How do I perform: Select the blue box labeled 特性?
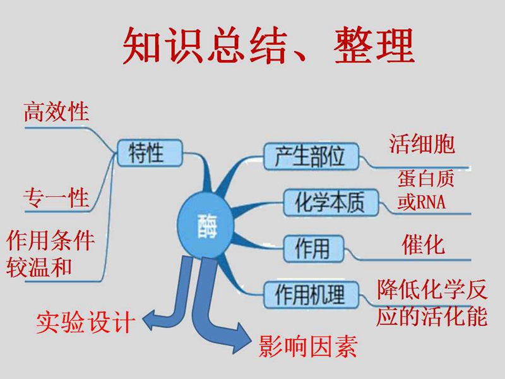point(150,153)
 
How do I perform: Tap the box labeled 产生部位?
point(311,156)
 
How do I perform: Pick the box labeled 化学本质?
point(331,202)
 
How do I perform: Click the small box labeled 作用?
point(313,248)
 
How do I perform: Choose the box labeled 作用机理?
point(311,295)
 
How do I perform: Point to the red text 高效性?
point(56,112)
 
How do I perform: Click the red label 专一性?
point(56,198)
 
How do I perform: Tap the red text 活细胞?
point(422,144)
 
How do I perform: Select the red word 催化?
point(423,245)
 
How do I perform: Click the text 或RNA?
point(421,202)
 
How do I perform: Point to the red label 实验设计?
point(85,322)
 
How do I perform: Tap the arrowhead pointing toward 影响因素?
point(242,338)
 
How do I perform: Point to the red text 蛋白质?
point(425,179)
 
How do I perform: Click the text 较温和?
point(39,268)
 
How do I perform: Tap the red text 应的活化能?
point(432,317)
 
